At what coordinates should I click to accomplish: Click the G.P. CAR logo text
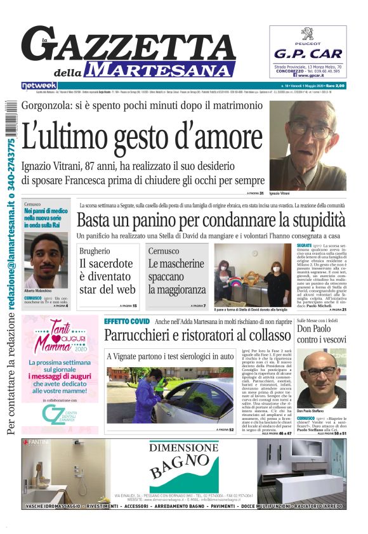308,54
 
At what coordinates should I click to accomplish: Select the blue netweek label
39,85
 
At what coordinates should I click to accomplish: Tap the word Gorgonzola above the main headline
53,105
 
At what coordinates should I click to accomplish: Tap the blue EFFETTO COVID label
127,322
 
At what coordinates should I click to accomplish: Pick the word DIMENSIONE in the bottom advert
184,448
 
